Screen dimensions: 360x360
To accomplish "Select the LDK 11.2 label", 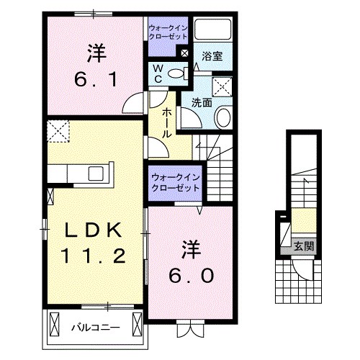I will (x=96, y=243).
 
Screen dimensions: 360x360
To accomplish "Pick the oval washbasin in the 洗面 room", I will (x=223, y=116).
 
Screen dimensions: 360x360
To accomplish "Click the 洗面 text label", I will (x=201, y=102).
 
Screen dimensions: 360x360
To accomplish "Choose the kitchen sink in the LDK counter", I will (x=95, y=174).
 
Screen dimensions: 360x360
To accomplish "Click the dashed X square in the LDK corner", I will (x=56, y=132).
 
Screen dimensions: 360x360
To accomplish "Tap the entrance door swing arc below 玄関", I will (x=304, y=268).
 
